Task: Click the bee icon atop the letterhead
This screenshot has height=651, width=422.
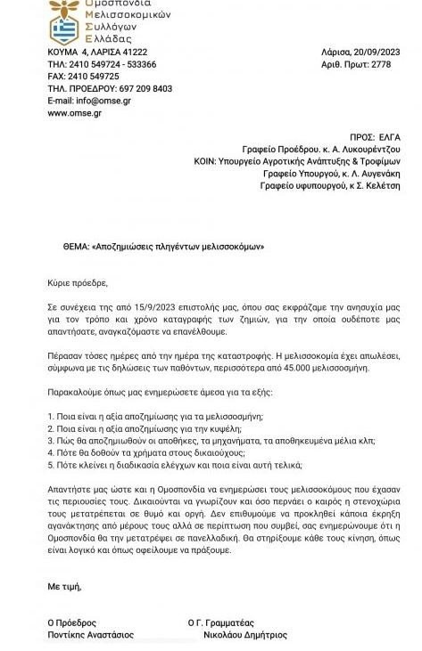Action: click(65, 6)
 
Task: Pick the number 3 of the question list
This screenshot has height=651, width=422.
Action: click(50, 441)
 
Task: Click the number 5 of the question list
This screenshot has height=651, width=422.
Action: click(50, 466)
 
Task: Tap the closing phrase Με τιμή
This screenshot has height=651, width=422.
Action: click(64, 587)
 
